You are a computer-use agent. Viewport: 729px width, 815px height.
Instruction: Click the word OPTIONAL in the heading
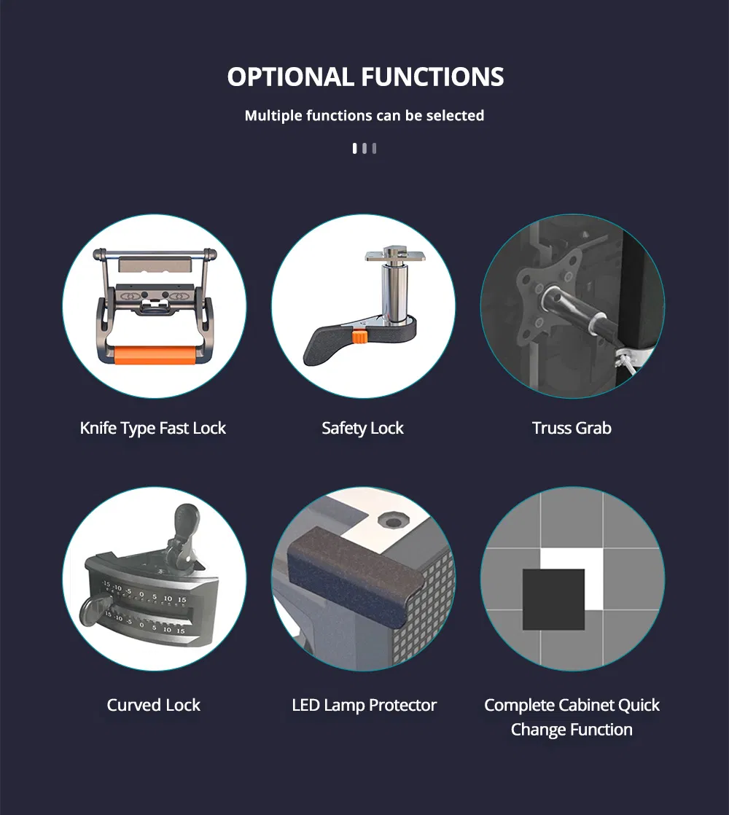pyautogui.click(x=290, y=77)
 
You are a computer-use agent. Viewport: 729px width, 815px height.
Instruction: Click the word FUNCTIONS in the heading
pyautogui.click(x=432, y=77)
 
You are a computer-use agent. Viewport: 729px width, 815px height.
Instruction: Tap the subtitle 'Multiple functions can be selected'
pyautogui.click(x=364, y=115)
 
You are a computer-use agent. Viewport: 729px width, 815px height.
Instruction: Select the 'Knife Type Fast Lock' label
pyautogui.click(x=153, y=429)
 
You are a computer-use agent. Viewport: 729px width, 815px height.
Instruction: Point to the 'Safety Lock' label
pyautogui.click(x=363, y=429)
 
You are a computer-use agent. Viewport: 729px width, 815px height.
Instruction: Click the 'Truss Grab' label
pyautogui.click(x=572, y=428)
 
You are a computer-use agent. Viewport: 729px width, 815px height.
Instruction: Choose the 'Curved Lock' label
pyautogui.click(x=153, y=705)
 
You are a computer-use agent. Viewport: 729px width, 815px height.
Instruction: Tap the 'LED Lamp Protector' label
pyautogui.click(x=364, y=705)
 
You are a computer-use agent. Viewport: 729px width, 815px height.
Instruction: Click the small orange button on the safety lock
pyautogui.click(x=359, y=336)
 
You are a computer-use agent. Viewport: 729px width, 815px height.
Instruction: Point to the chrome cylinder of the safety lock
pyautogui.click(x=393, y=292)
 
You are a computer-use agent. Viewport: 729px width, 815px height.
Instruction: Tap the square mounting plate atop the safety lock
pyautogui.click(x=395, y=256)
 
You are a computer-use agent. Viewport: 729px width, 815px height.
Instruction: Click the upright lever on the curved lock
pyautogui.click(x=185, y=535)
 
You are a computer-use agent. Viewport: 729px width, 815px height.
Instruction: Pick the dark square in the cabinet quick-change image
pyautogui.click(x=553, y=599)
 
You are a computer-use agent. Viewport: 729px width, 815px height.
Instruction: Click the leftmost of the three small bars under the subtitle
pyautogui.click(x=355, y=149)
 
